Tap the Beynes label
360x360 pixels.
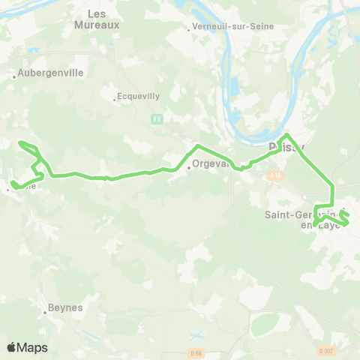(x=65, y=307)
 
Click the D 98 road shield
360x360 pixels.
(x=196, y=352)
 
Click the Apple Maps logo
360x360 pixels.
(x=27, y=347)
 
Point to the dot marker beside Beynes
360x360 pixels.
(x=45, y=312)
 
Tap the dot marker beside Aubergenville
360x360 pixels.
(x=14, y=76)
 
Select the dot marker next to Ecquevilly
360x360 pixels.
(x=114, y=99)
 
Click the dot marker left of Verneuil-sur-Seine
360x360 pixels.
(x=189, y=31)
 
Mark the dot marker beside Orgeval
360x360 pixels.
(x=190, y=167)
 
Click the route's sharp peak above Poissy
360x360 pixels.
(x=287, y=135)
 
